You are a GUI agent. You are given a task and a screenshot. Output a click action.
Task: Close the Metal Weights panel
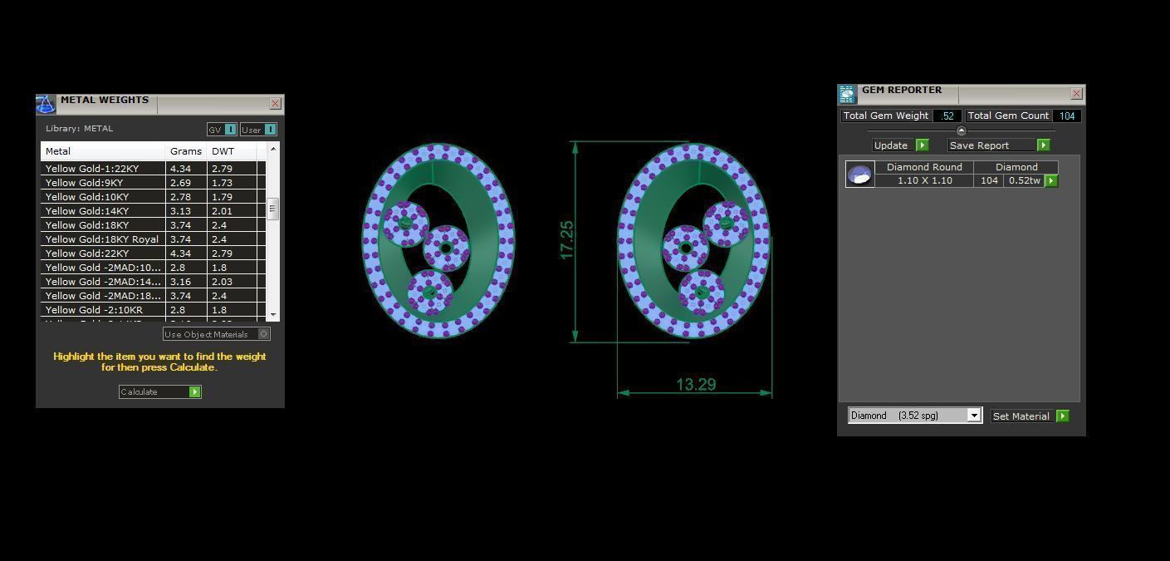(x=275, y=104)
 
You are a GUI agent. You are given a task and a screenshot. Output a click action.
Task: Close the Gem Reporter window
(x=1076, y=94)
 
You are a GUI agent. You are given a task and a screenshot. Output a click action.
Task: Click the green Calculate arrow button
(x=195, y=391)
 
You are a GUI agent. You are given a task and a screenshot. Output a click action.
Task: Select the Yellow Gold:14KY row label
(x=87, y=211)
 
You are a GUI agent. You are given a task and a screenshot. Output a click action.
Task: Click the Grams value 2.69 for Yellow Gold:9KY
(x=180, y=183)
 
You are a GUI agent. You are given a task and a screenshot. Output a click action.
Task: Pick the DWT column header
(x=223, y=151)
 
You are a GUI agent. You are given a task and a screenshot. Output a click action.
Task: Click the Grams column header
(x=185, y=151)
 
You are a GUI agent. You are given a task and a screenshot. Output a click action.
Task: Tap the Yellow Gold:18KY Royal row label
(x=101, y=239)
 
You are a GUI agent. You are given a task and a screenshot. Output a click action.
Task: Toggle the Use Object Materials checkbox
(x=263, y=334)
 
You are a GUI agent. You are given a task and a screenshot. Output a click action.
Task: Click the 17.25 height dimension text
(x=567, y=239)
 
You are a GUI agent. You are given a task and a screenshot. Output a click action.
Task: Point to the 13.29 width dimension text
(x=696, y=385)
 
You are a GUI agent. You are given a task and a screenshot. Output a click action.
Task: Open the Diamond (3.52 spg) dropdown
(x=974, y=416)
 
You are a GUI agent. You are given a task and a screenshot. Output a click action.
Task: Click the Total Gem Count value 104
(x=1067, y=116)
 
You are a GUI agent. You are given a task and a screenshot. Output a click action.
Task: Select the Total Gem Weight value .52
(x=947, y=116)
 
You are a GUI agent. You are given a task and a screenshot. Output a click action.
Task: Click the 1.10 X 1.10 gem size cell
(x=924, y=180)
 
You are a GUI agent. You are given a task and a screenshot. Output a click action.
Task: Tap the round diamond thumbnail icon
(x=859, y=175)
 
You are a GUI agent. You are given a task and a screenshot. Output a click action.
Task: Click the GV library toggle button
(x=222, y=130)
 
